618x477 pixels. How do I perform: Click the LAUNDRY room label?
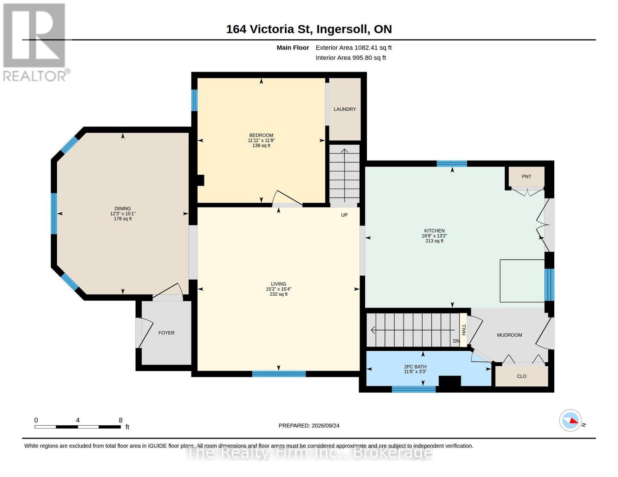[344, 109]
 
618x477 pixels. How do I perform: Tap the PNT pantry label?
[526, 176]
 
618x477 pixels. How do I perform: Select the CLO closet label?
[521, 376]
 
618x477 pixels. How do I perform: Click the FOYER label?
[166, 333]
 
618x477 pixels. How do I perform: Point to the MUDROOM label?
[509, 335]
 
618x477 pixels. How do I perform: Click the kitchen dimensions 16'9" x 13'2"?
[434, 236]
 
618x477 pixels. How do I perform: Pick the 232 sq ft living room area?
[279, 294]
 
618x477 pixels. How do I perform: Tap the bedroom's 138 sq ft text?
[261, 145]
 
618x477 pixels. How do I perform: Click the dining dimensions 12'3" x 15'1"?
[123, 213]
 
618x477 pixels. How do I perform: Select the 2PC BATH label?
[415, 366]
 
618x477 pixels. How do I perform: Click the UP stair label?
[344, 215]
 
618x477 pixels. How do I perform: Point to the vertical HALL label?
[464, 330]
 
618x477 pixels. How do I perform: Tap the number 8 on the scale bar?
[121, 420]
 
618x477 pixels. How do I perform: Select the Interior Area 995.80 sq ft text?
[351, 58]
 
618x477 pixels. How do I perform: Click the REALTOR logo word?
[34, 76]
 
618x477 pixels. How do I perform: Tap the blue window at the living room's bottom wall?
[279, 374]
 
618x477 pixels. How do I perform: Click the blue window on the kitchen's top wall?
[452, 163]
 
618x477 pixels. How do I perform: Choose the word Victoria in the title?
[271, 29]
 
